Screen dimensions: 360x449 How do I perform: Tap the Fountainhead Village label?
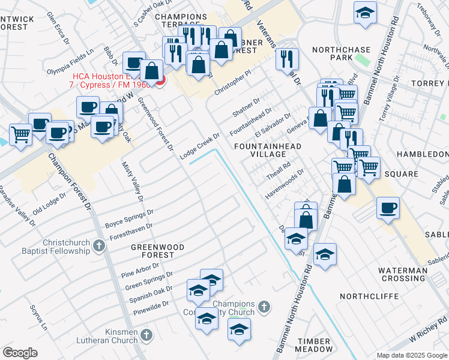click(268, 150)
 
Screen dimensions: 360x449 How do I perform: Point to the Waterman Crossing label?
click(403, 274)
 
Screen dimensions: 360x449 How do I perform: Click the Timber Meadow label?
click(315, 344)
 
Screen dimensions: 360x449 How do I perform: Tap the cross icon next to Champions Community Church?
click(263, 308)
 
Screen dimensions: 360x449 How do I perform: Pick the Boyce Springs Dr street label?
click(129, 217)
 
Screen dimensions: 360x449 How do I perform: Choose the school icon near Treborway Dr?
click(364, 13)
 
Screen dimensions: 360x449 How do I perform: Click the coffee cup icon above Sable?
click(388, 208)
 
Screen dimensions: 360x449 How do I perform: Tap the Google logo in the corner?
click(20, 353)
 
